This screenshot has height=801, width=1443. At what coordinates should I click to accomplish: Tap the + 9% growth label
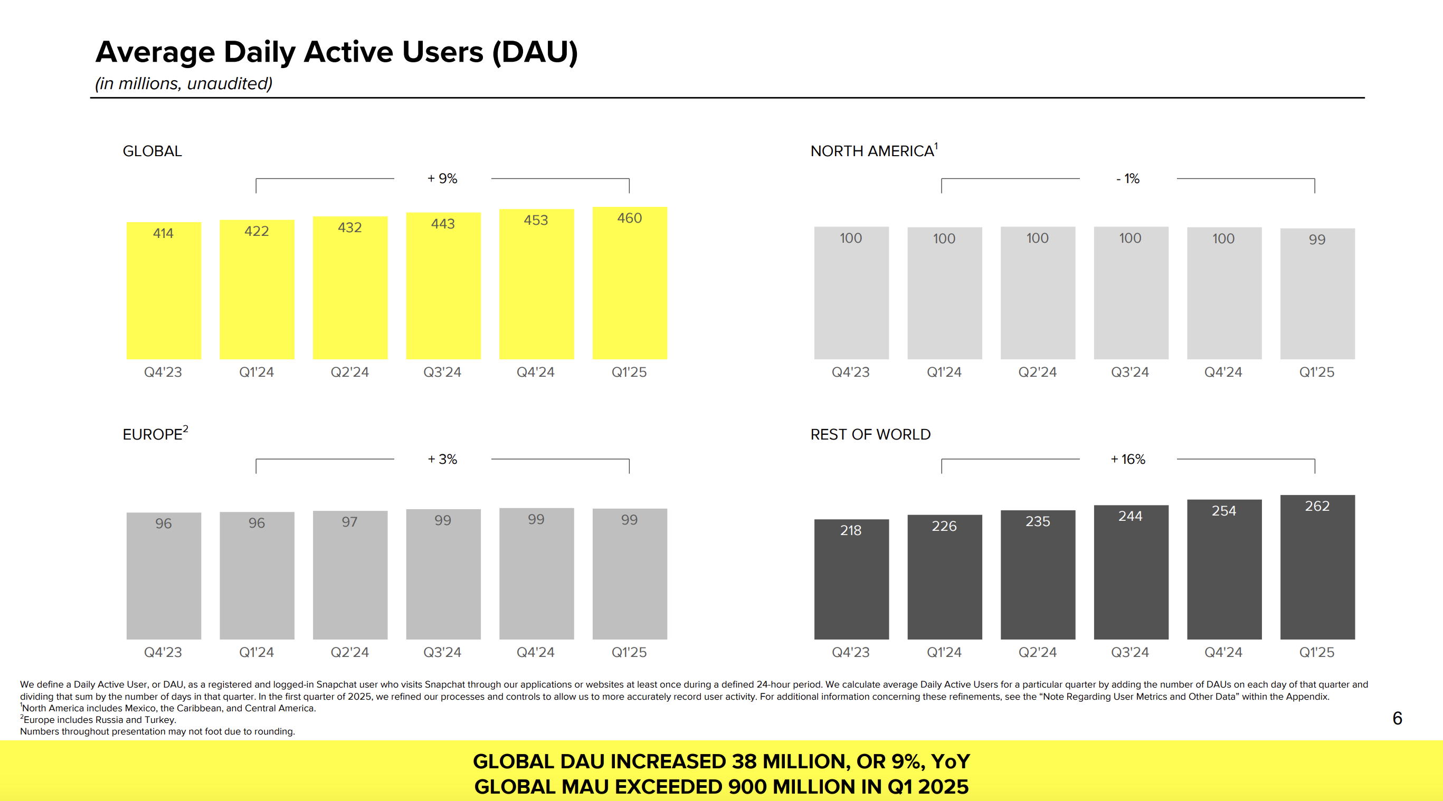[x=442, y=179]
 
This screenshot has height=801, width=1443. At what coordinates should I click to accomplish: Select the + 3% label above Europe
[x=442, y=459]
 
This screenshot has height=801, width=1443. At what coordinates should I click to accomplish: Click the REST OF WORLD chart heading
[x=870, y=435]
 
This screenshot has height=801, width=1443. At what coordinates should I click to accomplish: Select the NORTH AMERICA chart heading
[x=872, y=151]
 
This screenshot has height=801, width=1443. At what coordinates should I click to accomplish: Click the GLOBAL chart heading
[x=153, y=151]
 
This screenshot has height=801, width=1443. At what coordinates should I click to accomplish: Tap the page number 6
[x=1397, y=718]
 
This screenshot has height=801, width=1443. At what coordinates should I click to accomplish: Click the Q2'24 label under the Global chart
[x=349, y=373]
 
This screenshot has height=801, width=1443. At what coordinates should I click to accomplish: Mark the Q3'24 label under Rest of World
[x=1130, y=653]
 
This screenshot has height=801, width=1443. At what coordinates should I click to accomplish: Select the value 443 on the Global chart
[x=442, y=224]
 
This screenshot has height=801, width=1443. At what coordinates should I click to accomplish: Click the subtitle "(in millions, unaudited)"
[x=184, y=83]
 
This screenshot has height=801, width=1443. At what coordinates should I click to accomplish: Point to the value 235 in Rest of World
[x=1038, y=521]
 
